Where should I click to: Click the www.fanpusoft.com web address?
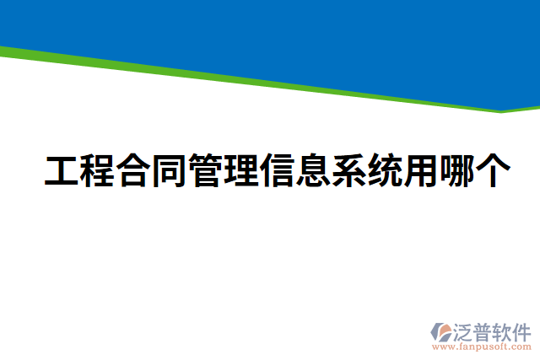(x=482, y=347)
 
